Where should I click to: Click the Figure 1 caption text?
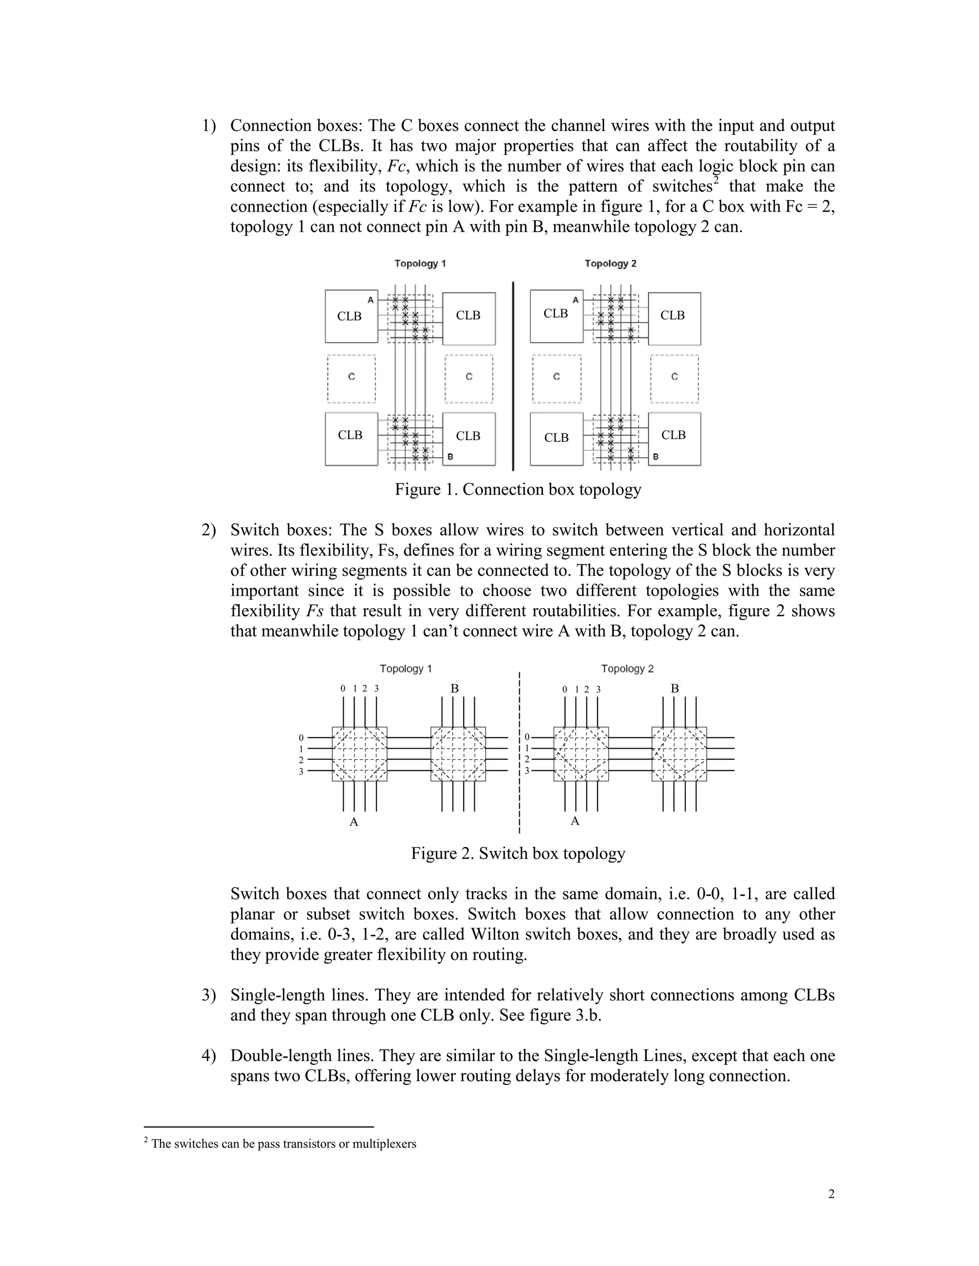[x=518, y=489]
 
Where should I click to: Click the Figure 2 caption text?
[x=518, y=853]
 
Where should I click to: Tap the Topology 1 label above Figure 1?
[x=420, y=264]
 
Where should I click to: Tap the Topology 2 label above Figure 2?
[x=627, y=668]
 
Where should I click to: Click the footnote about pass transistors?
[x=283, y=1144]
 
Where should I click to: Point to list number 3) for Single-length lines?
[x=209, y=995]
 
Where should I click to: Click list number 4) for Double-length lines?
[x=209, y=1056]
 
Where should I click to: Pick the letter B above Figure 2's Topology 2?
[x=674, y=688]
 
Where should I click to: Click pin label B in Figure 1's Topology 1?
[x=450, y=457]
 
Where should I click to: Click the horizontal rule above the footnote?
[x=258, y=1127]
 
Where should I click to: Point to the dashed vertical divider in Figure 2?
[x=520, y=753]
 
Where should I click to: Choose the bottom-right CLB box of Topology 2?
[x=674, y=439]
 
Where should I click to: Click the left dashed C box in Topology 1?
[x=351, y=378]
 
